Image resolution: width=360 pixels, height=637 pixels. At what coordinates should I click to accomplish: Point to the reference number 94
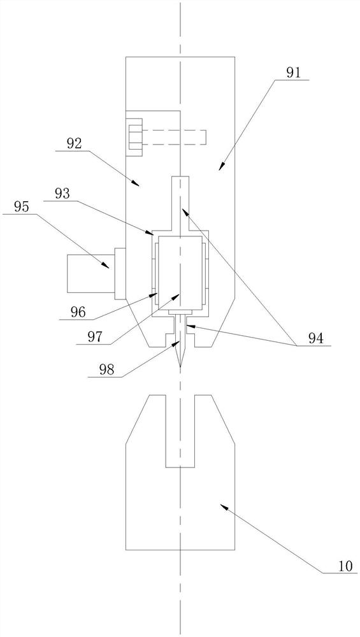click(315, 338)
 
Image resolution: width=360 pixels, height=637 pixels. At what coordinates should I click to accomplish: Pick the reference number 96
click(77, 312)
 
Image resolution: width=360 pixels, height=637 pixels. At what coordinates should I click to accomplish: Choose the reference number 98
click(106, 369)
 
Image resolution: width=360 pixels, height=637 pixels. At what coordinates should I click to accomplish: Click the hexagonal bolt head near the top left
click(134, 137)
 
